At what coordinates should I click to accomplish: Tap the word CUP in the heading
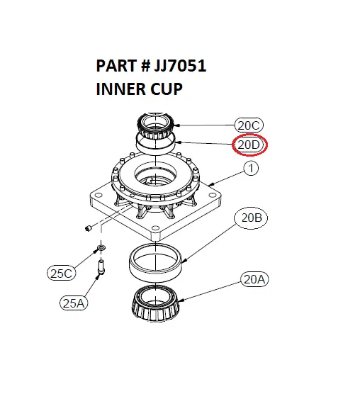click(168, 90)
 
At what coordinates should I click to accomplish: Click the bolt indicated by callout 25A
click(101, 267)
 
